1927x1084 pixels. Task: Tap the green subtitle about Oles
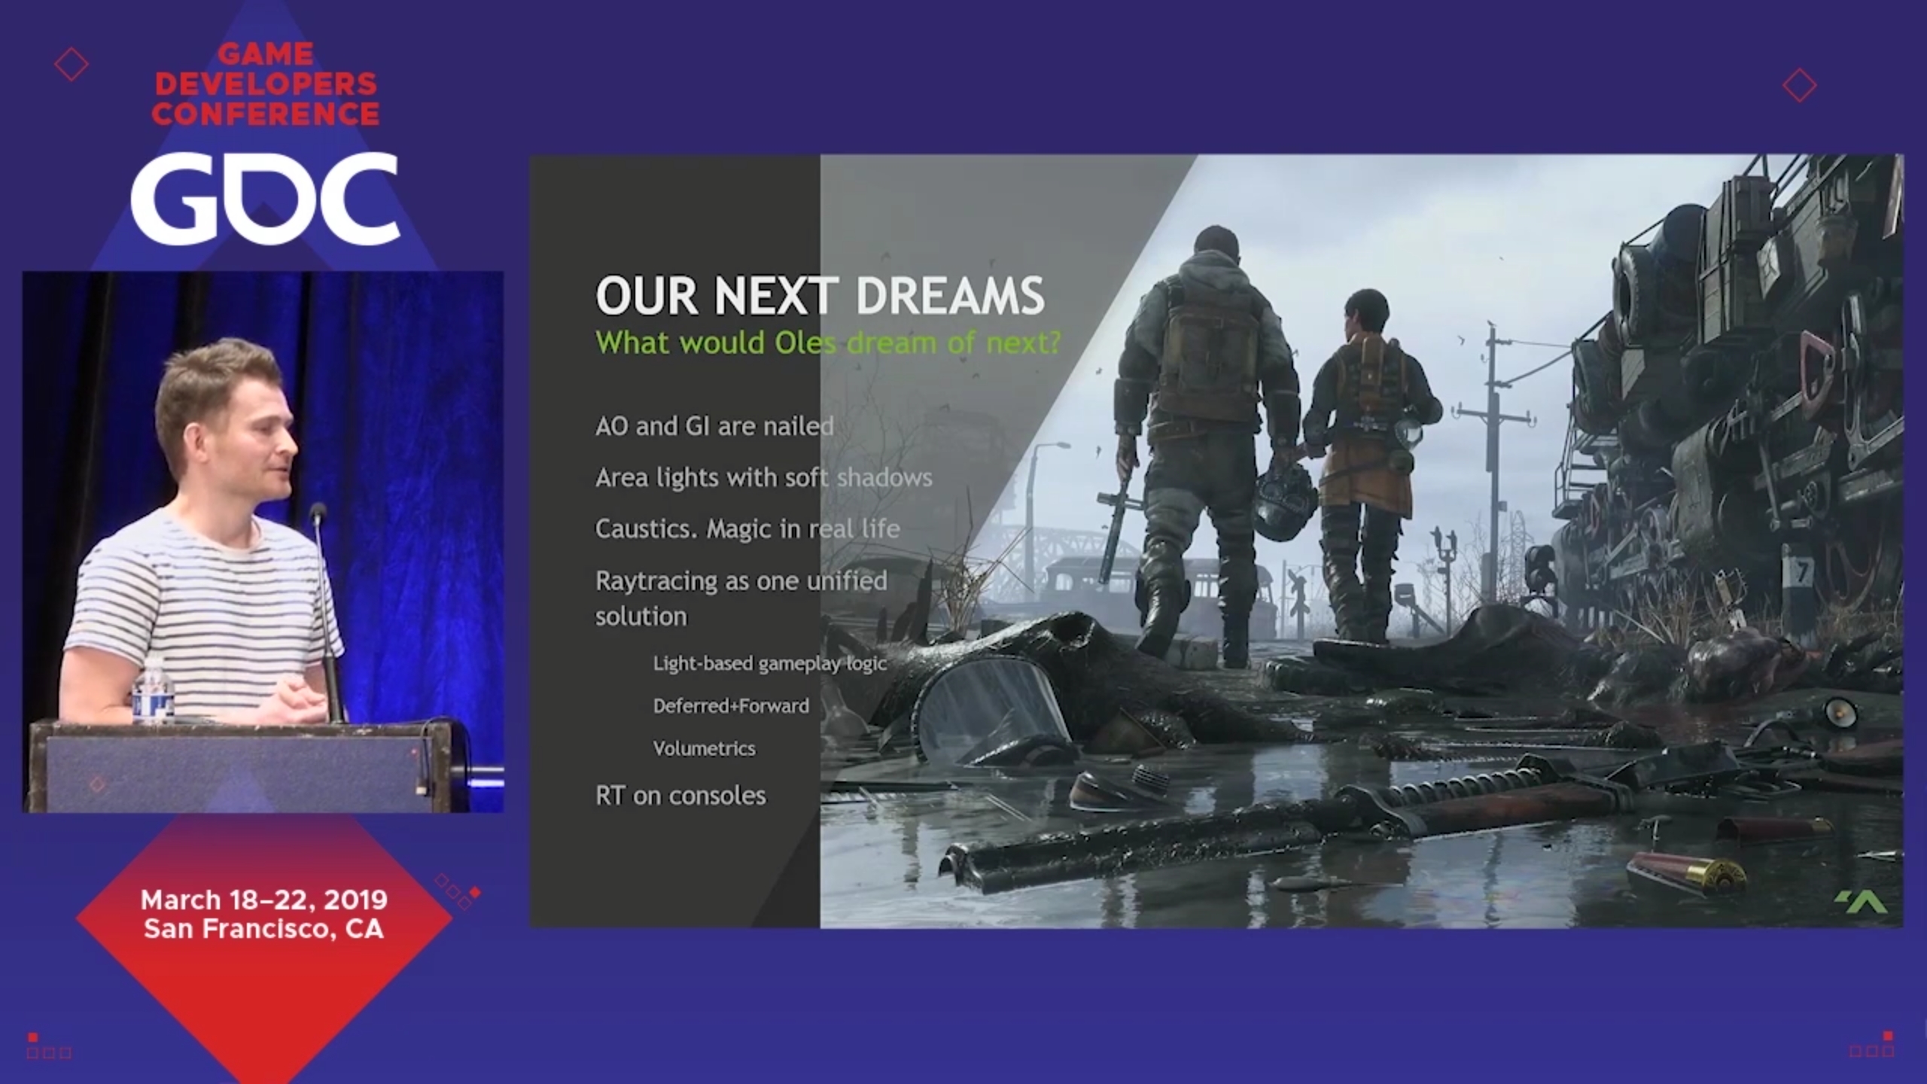click(828, 343)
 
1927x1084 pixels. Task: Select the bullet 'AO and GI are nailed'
click(714, 426)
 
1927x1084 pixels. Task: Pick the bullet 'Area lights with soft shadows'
click(764, 478)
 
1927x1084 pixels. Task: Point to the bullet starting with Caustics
click(747, 529)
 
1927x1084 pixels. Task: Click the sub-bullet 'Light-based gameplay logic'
click(769, 664)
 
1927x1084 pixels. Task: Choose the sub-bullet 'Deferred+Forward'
click(731, 706)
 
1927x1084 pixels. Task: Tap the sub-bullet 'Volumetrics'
click(704, 748)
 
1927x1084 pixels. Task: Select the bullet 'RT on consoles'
click(680, 796)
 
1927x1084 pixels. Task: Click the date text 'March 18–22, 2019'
click(264, 900)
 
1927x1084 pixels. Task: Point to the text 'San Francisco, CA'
click(264, 929)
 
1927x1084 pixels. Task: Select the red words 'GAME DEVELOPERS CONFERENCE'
click(265, 84)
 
